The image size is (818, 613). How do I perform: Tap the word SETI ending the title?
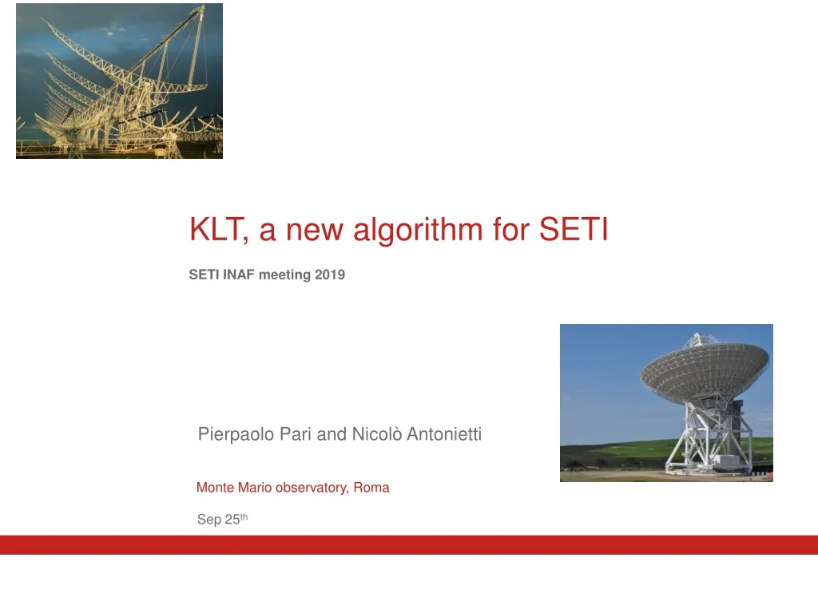(x=573, y=231)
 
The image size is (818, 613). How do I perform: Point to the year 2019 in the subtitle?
(x=331, y=275)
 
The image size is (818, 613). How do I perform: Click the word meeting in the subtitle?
(x=285, y=275)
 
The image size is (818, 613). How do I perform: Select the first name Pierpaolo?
(x=234, y=435)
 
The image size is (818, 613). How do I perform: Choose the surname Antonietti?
(x=444, y=435)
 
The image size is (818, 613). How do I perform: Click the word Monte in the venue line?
(x=215, y=488)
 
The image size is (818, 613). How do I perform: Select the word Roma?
(x=371, y=488)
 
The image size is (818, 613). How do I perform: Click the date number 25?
(x=232, y=520)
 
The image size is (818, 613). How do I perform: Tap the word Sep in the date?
(x=208, y=520)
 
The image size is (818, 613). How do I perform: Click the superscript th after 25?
(x=244, y=517)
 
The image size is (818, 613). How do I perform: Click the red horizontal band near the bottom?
(x=409, y=544)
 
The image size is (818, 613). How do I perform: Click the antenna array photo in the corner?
(x=119, y=81)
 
